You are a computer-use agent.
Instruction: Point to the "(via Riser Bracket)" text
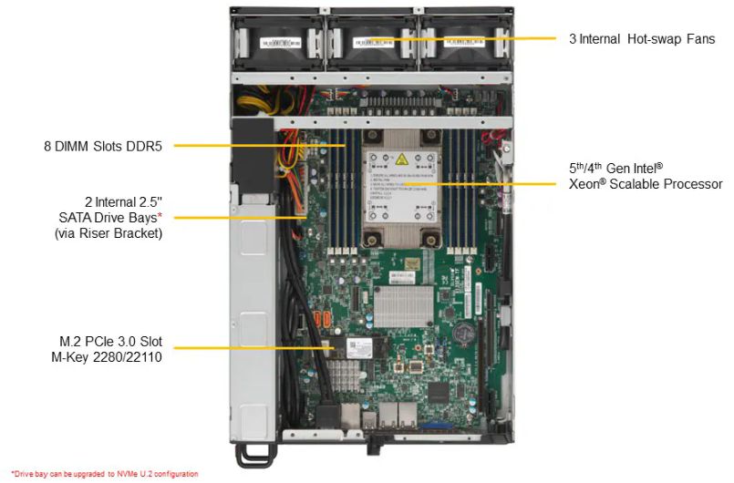click(109, 232)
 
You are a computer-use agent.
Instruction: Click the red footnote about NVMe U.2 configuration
click(99, 474)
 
